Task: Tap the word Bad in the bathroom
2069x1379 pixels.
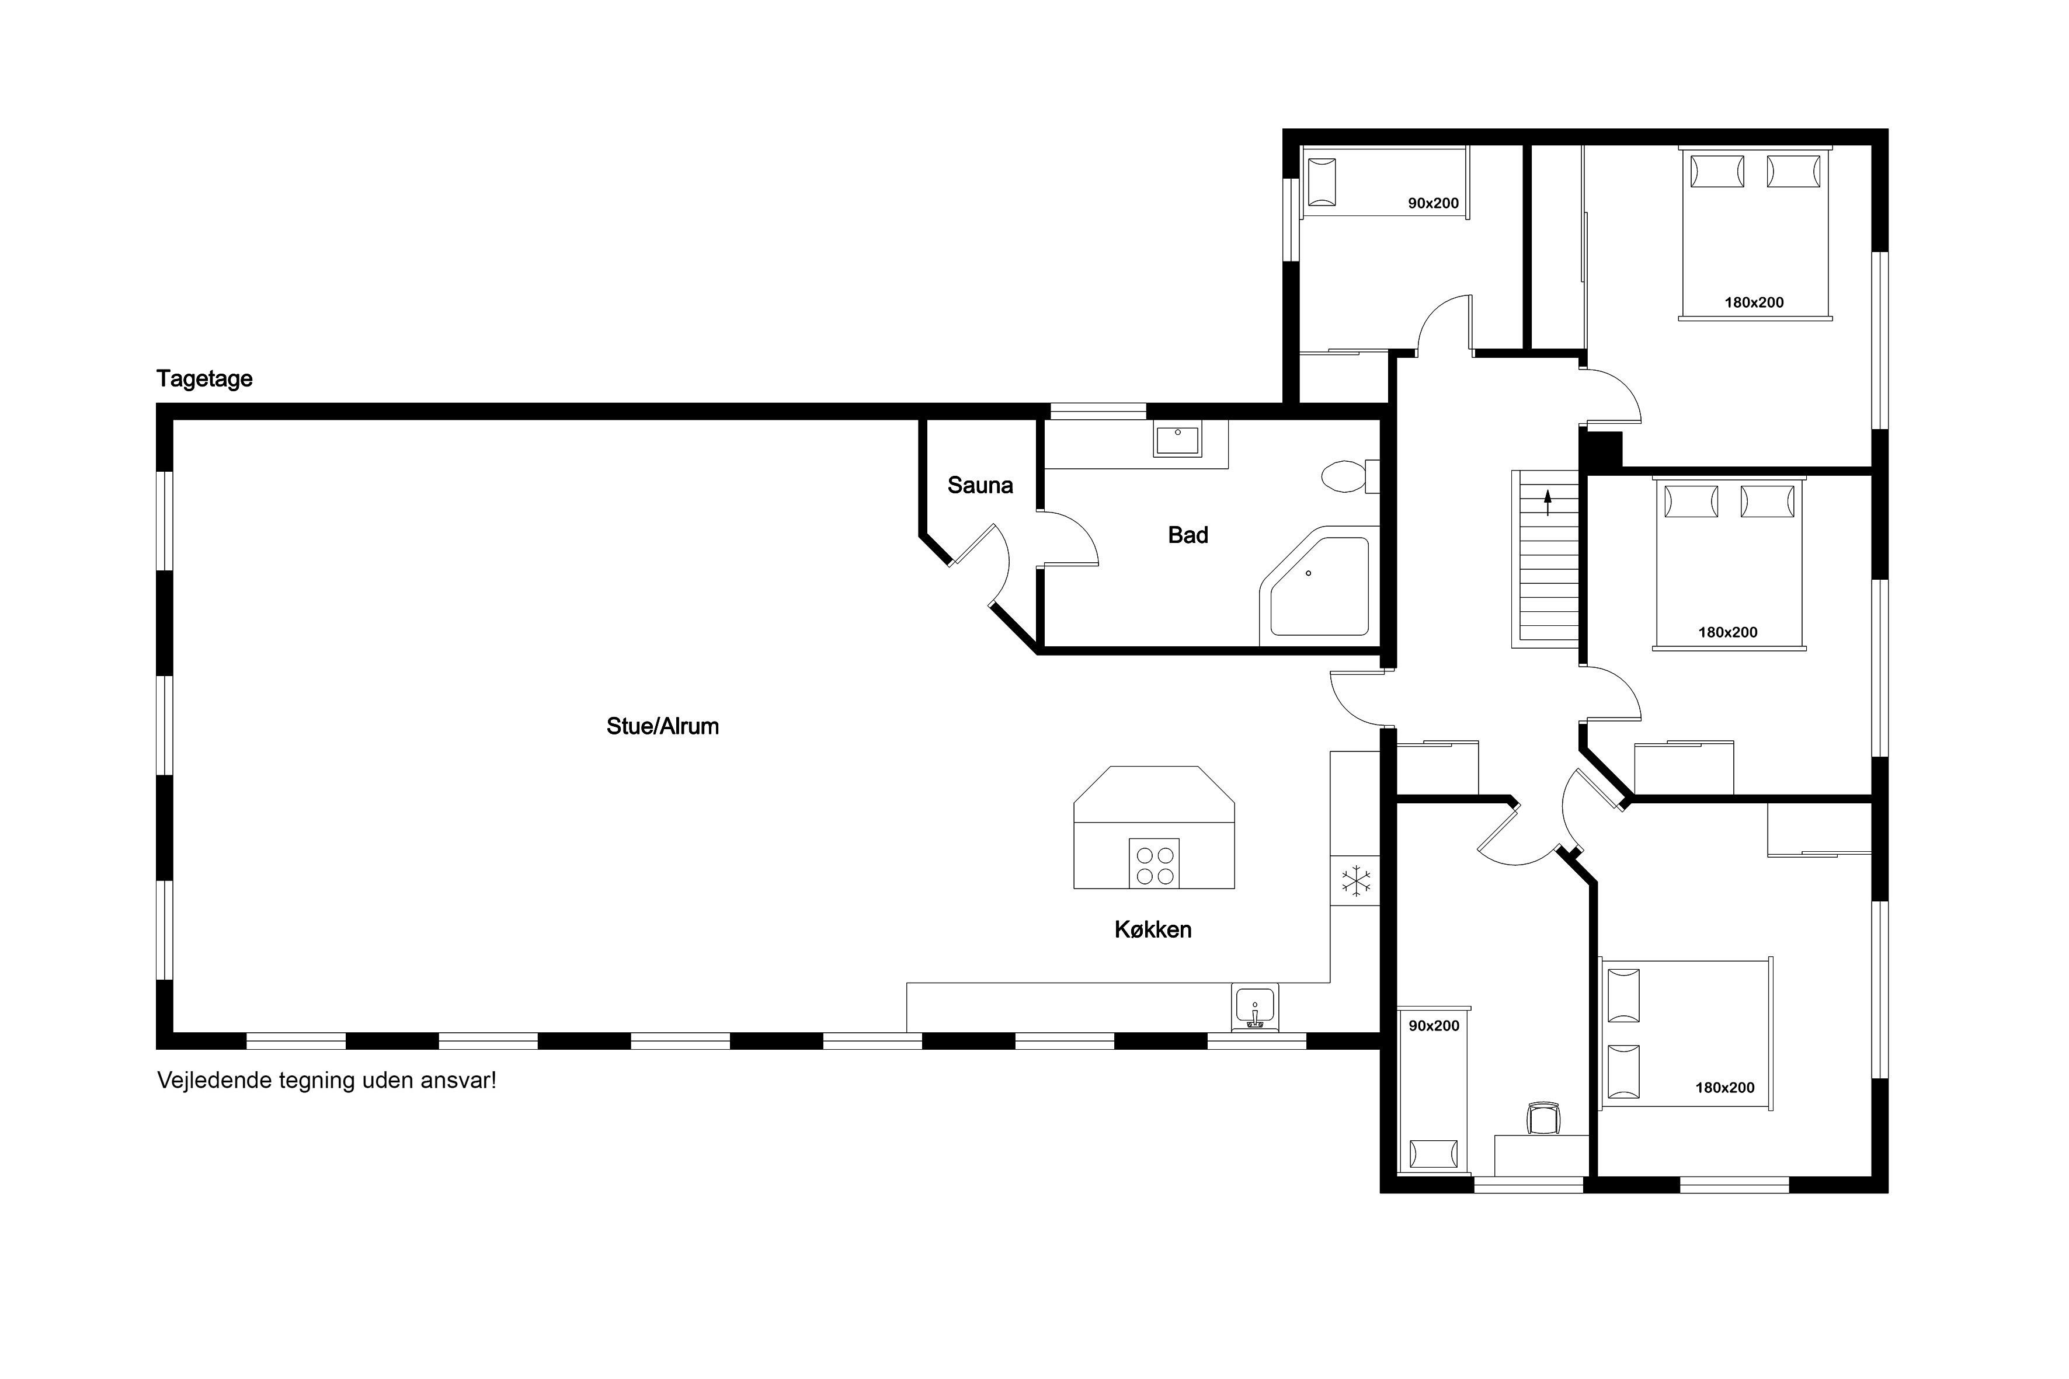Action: coord(1188,535)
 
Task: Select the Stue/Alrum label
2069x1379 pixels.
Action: coord(662,726)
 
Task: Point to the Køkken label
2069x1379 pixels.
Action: coord(1152,929)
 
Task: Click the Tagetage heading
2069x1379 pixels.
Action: coord(204,379)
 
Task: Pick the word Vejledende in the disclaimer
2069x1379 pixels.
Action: coord(214,1080)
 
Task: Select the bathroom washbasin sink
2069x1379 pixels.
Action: coord(1177,439)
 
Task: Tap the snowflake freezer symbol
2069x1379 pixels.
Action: coord(1355,881)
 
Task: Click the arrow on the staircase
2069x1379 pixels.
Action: coord(1548,503)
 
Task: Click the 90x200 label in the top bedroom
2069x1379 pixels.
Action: coord(1433,203)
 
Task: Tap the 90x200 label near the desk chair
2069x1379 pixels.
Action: coord(1434,1025)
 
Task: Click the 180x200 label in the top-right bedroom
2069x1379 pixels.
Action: coord(1754,302)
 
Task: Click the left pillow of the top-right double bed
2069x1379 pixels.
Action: coord(1716,172)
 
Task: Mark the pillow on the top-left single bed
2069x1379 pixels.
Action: coord(1322,182)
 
